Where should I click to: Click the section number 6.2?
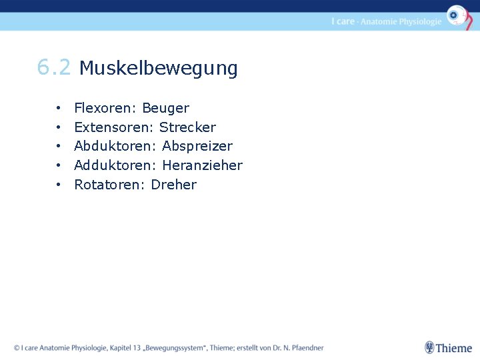pyautogui.click(x=53, y=67)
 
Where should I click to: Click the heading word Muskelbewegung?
pyautogui.click(x=158, y=68)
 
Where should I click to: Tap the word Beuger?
pyautogui.click(x=165, y=108)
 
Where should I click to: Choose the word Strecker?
pyautogui.click(x=187, y=127)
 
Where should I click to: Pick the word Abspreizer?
pyautogui.click(x=197, y=146)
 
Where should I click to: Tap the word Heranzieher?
pyautogui.click(x=202, y=165)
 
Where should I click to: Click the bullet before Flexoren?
pyautogui.click(x=59, y=108)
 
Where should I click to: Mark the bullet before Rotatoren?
pyautogui.click(x=59, y=185)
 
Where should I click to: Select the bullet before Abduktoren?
pyautogui.click(x=59, y=146)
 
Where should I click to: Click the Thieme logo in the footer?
pyautogui.click(x=448, y=347)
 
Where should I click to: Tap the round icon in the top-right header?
pyautogui.click(x=457, y=15)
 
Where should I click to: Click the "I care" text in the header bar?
pyautogui.click(x=343, y=21)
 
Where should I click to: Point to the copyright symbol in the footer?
pyautogui.click(x=16, y=348)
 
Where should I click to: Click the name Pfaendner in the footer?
pyautogui.click(x=305, y=348)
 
